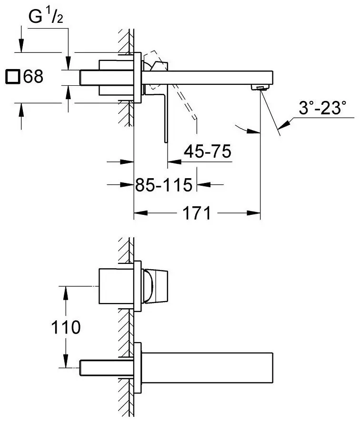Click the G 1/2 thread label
(x=46, y=17)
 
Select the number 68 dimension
(x=33, y=77)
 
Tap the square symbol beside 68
(x=13, y=77)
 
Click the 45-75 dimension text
(x=207, y=151)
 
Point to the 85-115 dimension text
(x=164, y=185)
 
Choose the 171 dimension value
(x=197, y=213)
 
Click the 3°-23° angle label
(x=322, y=108)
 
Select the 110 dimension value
(x=66, y=327)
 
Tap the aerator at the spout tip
(x=260, y=87)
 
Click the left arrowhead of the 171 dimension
(x=141, y=213)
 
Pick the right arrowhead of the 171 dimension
(x=253, y=213)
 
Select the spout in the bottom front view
(x=207, y=368)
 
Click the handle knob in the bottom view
(x=156, y=286)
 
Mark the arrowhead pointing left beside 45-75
(x=175, y=162)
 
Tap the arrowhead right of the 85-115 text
(x=203, y=185)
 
